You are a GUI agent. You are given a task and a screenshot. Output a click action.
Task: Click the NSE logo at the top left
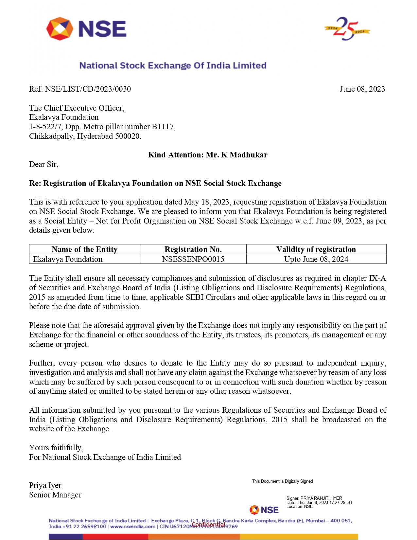point(86,29)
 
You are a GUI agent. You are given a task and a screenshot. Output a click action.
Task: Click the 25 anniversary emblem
point(347,29)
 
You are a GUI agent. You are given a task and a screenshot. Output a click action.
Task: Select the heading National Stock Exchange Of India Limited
point(173,65)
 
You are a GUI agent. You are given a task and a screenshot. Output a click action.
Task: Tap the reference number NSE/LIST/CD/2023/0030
point(88,89)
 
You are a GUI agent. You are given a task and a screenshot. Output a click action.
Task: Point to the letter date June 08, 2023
point(362,89)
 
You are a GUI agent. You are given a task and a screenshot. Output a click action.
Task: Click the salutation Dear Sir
point(43,164)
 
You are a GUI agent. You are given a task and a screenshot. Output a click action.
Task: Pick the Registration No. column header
point(193,249)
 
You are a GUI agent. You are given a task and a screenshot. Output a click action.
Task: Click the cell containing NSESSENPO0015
point(193,259)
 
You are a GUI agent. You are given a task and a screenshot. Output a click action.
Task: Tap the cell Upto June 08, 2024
point(316,259)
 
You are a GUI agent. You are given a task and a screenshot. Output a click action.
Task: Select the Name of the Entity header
point(84,249)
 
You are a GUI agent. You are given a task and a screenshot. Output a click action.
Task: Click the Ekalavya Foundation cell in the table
point(68,259)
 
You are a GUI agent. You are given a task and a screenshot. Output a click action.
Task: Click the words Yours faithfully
point(56,448)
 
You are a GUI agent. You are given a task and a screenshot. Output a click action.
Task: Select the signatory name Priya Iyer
point(45,485)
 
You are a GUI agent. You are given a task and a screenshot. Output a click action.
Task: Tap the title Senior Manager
point(55,495)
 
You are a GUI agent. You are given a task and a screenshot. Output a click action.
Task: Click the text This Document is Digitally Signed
point(282,481)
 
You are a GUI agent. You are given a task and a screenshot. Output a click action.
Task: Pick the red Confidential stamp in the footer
point(208,525)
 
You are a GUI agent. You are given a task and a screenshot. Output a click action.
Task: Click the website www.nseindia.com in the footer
point(133,526)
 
